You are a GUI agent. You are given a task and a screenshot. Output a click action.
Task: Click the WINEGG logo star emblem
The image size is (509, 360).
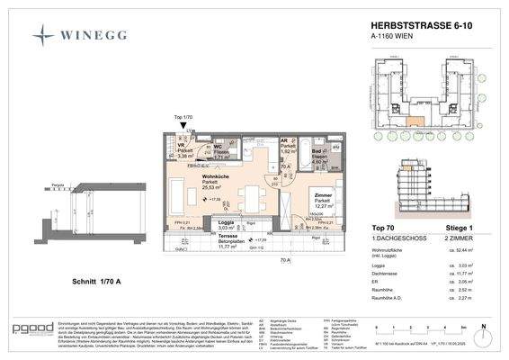(x=42, y=35)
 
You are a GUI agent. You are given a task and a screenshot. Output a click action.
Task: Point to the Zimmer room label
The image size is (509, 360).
(x=326, y=194)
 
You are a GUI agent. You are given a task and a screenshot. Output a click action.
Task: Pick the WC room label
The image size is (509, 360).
(x=218, y=147)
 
